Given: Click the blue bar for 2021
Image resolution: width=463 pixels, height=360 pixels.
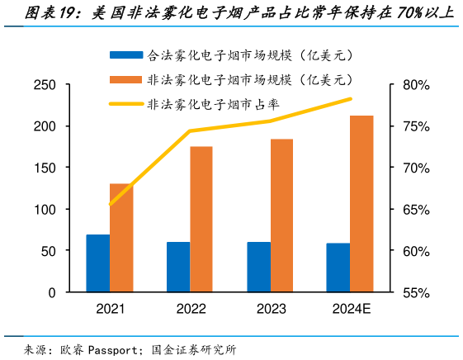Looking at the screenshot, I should point(98,263).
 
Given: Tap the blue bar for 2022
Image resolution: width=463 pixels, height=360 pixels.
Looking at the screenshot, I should point(178,267).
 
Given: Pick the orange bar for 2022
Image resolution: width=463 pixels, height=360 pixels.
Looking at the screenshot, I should point(201,220).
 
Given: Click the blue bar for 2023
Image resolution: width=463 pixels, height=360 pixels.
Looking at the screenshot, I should point(258,267).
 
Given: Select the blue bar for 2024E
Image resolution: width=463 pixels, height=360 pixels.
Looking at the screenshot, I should point(338,268).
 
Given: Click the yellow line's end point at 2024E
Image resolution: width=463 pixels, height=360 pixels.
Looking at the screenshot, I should point(351,99).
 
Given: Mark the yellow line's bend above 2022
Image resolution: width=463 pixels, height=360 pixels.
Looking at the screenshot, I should point(190,130).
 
